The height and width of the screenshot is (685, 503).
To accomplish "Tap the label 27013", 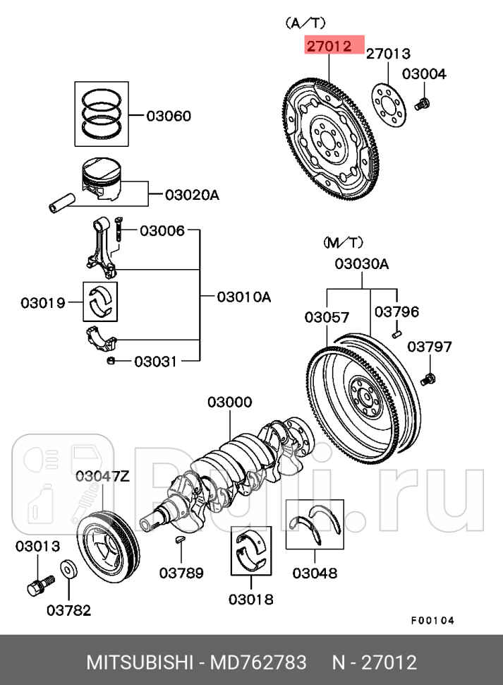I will coord(388,54).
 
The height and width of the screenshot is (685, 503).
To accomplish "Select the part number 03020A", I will coord(192,193).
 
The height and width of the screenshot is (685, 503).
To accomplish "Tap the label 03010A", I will coord(243,297).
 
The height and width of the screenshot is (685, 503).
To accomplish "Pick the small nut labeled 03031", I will coord(111,362).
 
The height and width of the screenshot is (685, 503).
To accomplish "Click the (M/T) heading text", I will coord(343,243).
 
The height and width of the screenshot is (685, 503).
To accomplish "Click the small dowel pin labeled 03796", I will coord(396,330).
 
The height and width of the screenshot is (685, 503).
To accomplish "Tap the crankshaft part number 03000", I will coord(229,403).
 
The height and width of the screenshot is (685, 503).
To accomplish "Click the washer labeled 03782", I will coord(69,569).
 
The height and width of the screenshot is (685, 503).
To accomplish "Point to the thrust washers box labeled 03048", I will coord(315,525).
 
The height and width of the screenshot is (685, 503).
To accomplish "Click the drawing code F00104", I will coord(432,621).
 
